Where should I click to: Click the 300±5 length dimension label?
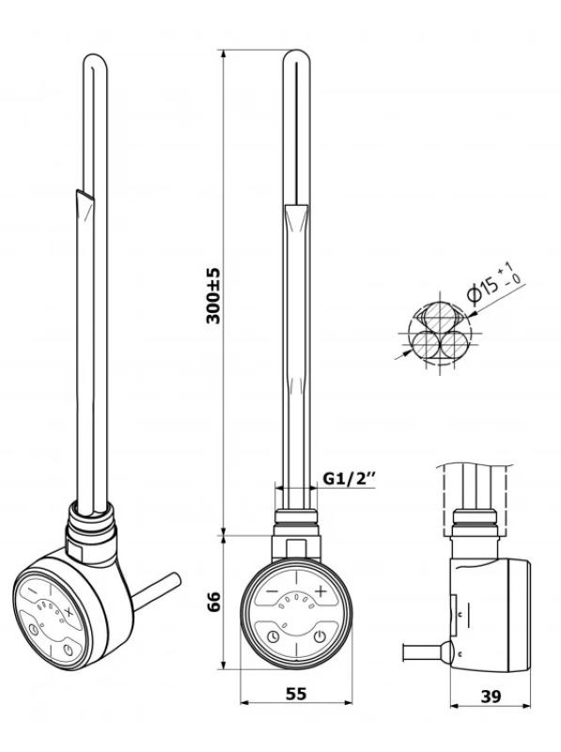click(x=213, y=296)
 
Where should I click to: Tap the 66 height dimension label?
click(x=213, y=602)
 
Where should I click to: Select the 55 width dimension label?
click(x=296, y=694)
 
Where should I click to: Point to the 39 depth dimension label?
click(x=491, y=697)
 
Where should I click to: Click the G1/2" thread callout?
click(x=349, y=478)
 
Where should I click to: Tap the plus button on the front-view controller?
click(x=320, y=591)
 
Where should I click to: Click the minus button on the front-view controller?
click(x=272, y=591)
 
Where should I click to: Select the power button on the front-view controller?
click(x=319, y=637)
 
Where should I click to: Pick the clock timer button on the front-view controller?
click(x=273, y=637)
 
